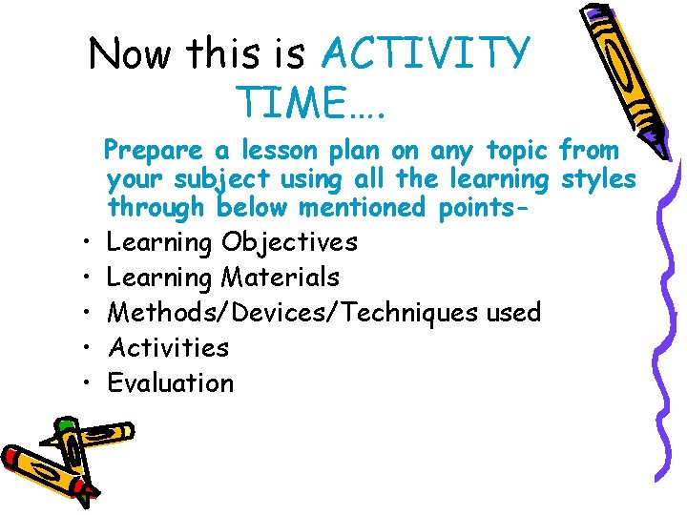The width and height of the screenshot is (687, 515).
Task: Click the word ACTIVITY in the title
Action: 425,54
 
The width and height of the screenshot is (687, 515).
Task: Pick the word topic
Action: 511,150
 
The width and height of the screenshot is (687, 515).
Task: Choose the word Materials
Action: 281,278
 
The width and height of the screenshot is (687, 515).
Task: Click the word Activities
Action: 168,347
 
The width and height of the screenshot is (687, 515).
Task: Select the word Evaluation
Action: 170,382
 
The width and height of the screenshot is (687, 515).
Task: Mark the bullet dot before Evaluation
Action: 86,383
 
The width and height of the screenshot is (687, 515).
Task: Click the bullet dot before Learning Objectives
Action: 86,243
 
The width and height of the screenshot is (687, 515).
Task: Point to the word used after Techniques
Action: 513,313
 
